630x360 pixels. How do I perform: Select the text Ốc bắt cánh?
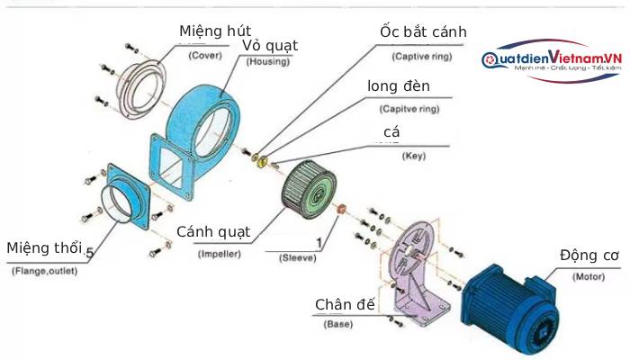coord(422,32)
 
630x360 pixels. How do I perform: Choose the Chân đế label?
coord(345,304)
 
